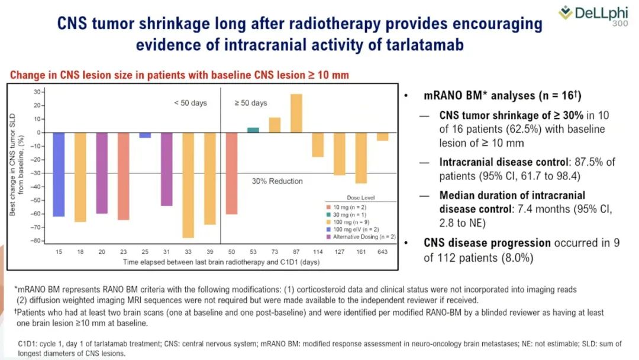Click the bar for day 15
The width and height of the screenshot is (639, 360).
point(59,175)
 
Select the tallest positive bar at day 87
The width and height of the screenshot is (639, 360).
point(296,113)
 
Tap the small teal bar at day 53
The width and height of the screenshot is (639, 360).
point(253,130)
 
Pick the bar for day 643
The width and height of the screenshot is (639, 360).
point(383,137)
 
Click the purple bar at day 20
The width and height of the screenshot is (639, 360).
point(102,173)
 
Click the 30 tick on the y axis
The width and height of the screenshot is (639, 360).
point(37,92)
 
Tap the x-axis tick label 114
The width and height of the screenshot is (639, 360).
point(318,252)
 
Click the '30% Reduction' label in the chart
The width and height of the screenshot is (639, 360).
point(277,181)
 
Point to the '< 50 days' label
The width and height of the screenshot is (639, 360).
point(191,103)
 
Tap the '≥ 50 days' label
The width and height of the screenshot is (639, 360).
point(251,103)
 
